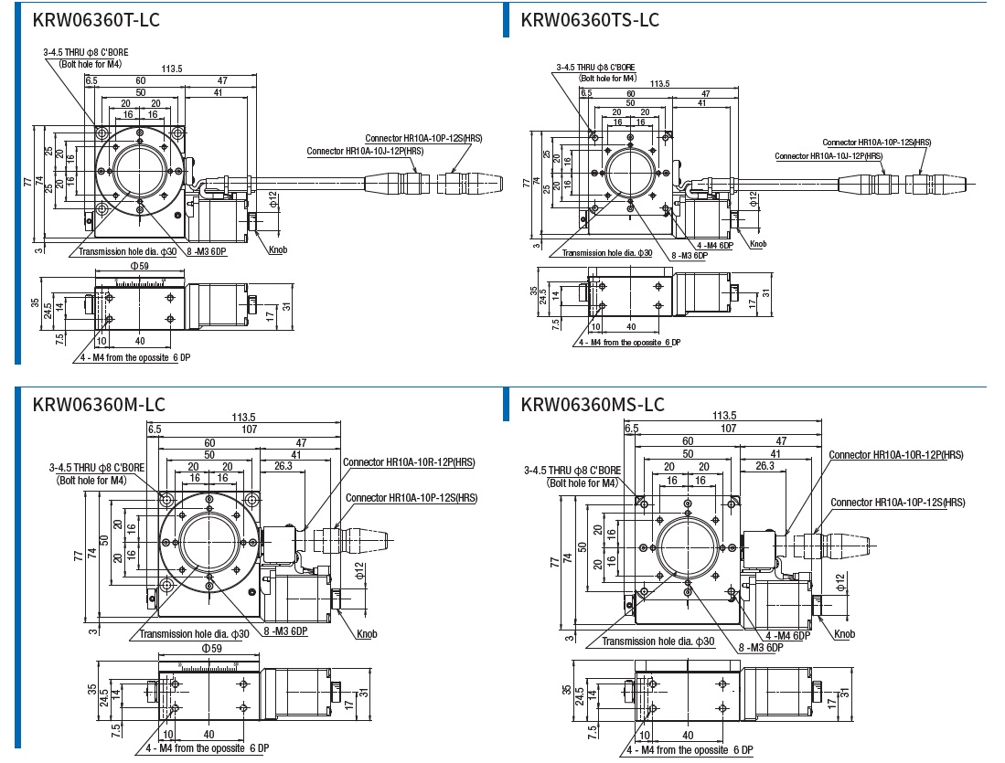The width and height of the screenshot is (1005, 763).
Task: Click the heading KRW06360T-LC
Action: [96, 18]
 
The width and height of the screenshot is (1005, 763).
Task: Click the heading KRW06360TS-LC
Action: [590, 18]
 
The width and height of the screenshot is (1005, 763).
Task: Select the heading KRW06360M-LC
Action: [99, 403]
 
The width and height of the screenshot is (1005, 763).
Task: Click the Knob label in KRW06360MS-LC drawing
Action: [843, 634]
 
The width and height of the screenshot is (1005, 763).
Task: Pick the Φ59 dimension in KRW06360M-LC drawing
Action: [211, 649]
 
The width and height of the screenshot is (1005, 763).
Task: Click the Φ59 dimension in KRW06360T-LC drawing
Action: [140, 266]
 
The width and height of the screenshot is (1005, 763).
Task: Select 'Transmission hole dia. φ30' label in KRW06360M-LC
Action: [194, 634]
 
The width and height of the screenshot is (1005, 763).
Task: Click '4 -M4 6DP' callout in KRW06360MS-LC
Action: [788, 635]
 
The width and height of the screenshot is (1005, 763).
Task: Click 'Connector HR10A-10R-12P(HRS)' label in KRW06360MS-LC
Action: [896, 455]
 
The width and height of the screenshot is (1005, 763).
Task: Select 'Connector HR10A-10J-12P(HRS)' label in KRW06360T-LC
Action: [365, 151]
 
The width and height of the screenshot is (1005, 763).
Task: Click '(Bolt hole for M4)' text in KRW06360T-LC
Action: [90, 64]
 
